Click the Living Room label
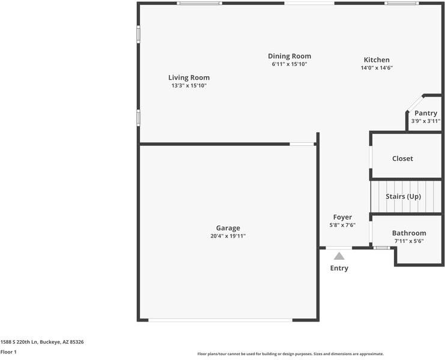pyautogui.click(x=189, y=77)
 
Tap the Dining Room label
pyautogui.click(x=289, y=56)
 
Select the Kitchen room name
pyautogui.click(x=377, y=59)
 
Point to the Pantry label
pyautogui.click(x=426, y=113)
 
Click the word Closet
pyautogui.click(x=402, y=158)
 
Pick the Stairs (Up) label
pyautogui.click(x=403, y=196)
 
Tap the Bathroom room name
pyautogui.click(x=409, y=233)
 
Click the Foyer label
pyautogui.click(x=342, y=217)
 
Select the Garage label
pyautogui.click(x=228, y=228)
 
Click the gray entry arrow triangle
pyautogui.click(x=339, y=256)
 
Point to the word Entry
pyautogui.click(x=339, y=268)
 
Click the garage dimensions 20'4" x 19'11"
pyautogui.click(x=228, y=236)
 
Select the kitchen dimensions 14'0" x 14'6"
pyautogui.click(x=377, y=68)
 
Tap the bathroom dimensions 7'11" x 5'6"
pyautogui.click(x=409, y=241)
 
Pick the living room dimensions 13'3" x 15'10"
pyautogui.click(x=189, y=86)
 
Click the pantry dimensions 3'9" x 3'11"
pyautogui.click(x=426, y=121)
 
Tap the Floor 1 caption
pyautogui.click(x=8, y=352)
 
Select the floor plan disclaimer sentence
pyautogui.click(x=291, y=354)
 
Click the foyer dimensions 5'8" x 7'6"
pyautogui.click(x=342, y=225)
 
